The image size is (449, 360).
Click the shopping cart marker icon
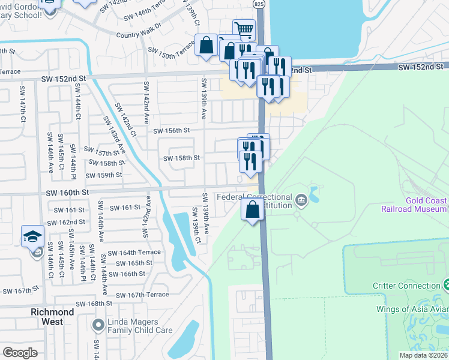point(244,29)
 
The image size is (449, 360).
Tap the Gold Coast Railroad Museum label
point(414,204)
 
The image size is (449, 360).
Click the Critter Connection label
point(407,286)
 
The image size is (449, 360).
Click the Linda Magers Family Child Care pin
point(97,326)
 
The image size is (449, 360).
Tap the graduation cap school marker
point(32,236)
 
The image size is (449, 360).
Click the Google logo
point(20,353)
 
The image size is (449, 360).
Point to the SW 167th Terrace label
point(142,295)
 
